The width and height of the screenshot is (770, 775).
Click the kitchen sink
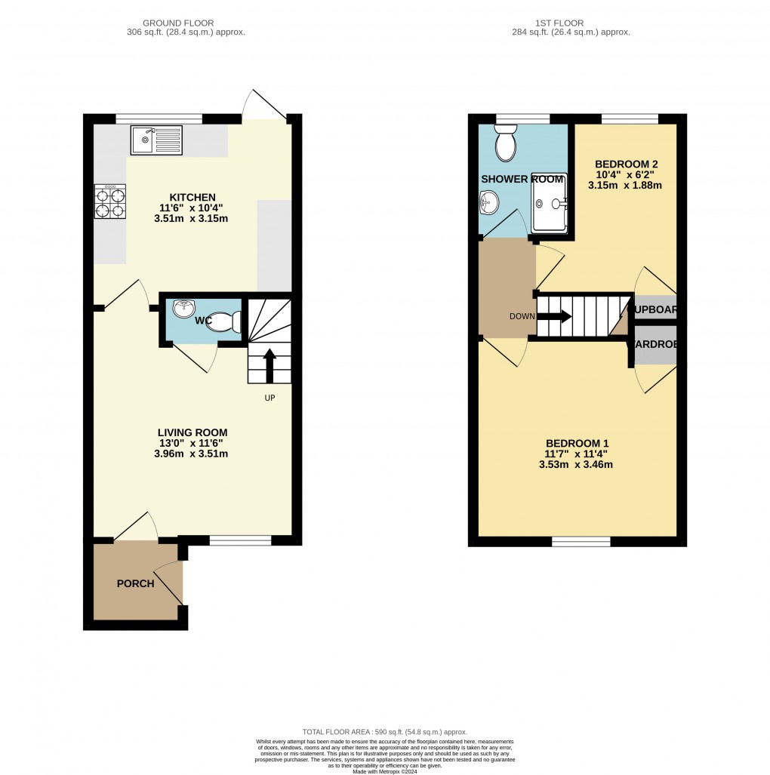(x=156, y=140)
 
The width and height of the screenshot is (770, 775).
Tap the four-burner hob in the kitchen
(x=110, y=202)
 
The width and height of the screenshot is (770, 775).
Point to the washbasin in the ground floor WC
(x=183, y=309)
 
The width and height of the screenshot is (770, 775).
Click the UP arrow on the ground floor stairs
(x=269, y=364)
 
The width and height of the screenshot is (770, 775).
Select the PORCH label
(x=135, y=583)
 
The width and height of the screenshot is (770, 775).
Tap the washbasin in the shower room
(x=489, y=202)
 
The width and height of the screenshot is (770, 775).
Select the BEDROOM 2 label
(x=627, y=165)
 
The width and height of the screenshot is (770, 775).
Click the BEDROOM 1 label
(x=577, y=444)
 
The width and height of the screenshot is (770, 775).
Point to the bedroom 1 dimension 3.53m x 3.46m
(x=577, y=465)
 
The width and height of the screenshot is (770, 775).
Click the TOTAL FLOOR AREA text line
(x=385, y=732)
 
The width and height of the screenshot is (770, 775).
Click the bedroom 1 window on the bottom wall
(x=581, y=541)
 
